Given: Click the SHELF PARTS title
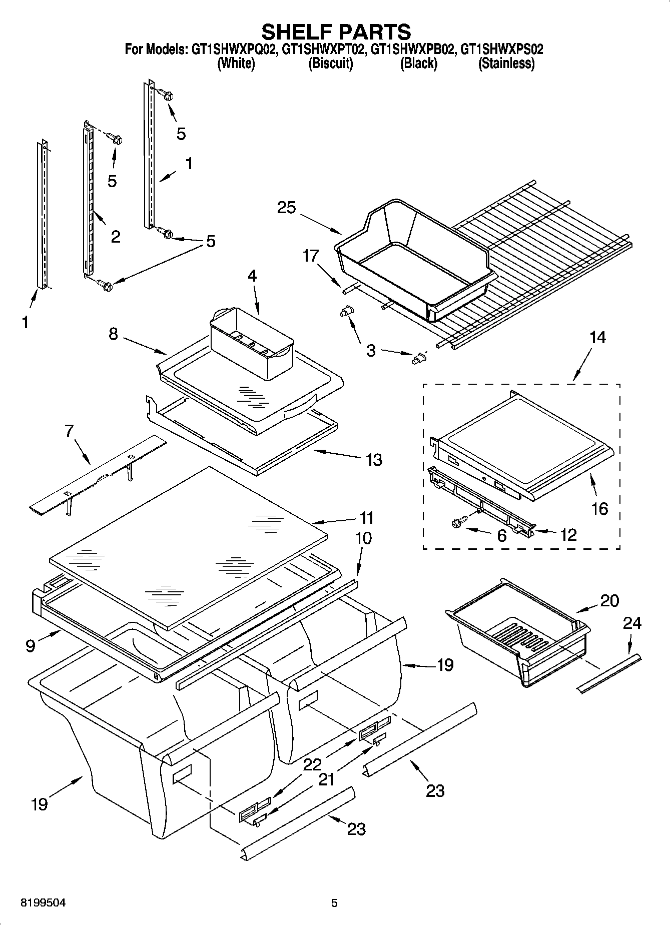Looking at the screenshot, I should pos(336,32).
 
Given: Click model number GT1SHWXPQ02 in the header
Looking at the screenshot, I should pos(233,50).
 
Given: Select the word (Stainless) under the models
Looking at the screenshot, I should pos(506,64).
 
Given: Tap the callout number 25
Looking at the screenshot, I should pos(287,208).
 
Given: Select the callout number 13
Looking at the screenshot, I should pos(374,459).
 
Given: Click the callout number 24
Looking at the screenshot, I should pos(632,623).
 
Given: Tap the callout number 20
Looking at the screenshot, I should pos(609,600).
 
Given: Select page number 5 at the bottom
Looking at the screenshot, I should pos(334,903).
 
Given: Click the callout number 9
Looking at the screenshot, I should pos(31,646).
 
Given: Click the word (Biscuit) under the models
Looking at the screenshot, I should pos(330,64).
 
